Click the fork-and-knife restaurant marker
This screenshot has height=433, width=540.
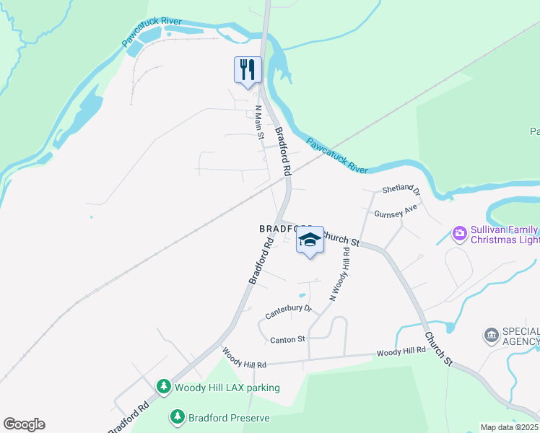pyautogui.click(x=248, y=70)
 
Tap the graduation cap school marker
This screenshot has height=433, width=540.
pyautogui.click(x=310, y=240)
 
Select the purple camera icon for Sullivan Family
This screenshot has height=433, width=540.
pyautogui.click(x=459, y=234)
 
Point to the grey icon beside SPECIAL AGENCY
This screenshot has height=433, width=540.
pyautogui.click(x=491, y=335)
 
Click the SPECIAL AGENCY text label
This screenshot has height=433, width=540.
pyautogui.click(x=521, y=335)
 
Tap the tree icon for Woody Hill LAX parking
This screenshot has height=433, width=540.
pyautogui.click(x=165, y=388)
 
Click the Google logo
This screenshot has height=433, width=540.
pyautogui.click(x=24, y=424)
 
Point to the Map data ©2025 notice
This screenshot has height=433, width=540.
pyautogui.click(x=510, y=427)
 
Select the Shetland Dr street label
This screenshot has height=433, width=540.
pyautogui.click(x=401, y=190)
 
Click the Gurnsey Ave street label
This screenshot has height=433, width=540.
pyautogui.click(x=396, y=211)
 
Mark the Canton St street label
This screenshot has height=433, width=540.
pyautogui.click(x=287, y=339)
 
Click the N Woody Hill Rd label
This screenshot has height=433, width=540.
pyautogui.click(x=340, y=274)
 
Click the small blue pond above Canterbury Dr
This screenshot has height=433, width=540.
pyautogui.click(x=302, y=295)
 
